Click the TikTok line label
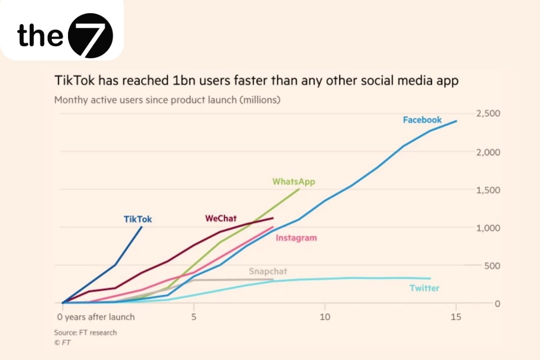pos(138,220)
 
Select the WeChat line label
pos(221,219)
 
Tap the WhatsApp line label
pos(294,182)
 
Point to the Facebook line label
pos(422,120)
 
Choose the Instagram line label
pos(296,238)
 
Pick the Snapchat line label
pos(268,271)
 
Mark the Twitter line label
pos(424,288)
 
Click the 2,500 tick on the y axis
pos(488,114)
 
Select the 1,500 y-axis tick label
pos(488,190)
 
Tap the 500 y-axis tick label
pos(492,265)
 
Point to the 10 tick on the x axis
pos(324,317)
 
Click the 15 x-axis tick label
pos(456,317)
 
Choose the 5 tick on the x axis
pos(193,317)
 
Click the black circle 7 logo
pos(90,36)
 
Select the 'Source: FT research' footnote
pos(85,333)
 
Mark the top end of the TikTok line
pos(142,227)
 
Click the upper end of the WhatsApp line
pos(299,189)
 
